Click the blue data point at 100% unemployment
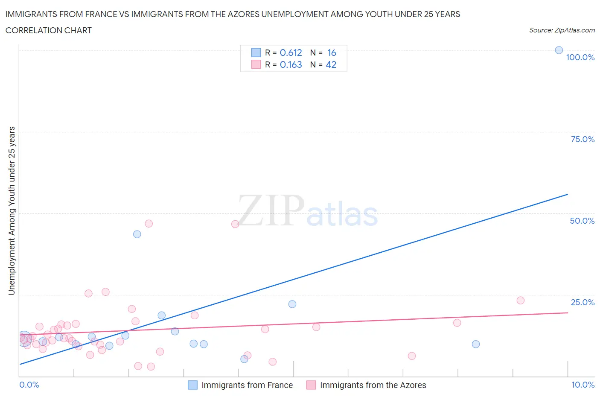[x=559, y=50]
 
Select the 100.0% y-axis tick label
[x=580, y=57]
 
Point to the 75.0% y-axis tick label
[x=583, y=139]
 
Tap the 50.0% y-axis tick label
[x=582, y=221]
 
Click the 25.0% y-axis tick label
[x=583, y=302]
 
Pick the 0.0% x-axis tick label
[x=29, y=385]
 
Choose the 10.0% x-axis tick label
[x=583, y=385]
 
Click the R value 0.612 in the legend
[x=291, y=53]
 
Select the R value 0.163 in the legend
[x=291, y=64]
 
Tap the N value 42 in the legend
[x=331, y=64]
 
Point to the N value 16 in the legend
[x=332, y=53]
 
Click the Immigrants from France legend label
[x=247, y=385]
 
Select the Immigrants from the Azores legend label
[x=373, y=385]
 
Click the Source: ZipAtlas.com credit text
[x=562, y=30]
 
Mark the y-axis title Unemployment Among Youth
[x=12, y=210]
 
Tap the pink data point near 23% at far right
[x=520, y=300]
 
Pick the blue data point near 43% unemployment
[x=137, y=234]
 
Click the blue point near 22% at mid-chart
[x=292, y=304]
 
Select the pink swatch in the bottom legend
[x=311, y=385]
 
